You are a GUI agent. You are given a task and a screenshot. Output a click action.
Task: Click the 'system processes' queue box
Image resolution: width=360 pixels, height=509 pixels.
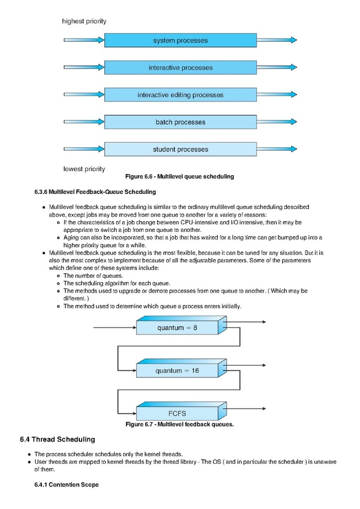180,40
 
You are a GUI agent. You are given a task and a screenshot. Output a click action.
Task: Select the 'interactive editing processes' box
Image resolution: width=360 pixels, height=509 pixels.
180,95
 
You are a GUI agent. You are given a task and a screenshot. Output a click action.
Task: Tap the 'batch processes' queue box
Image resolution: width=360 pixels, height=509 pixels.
180,122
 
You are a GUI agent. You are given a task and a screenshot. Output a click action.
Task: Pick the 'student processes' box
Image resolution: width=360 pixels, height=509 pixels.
180,149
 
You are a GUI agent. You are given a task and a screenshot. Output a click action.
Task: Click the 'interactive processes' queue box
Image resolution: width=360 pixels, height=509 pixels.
180,67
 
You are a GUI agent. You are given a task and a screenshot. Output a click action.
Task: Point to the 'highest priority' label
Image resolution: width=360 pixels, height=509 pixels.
84,22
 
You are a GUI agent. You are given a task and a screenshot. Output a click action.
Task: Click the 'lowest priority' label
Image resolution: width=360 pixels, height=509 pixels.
84,169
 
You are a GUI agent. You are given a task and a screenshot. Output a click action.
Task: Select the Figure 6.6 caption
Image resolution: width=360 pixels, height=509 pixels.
180,177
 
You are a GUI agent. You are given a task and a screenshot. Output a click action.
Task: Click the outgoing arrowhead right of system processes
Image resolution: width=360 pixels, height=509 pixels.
294,40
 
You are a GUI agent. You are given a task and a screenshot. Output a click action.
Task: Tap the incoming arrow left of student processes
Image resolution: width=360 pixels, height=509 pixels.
84,149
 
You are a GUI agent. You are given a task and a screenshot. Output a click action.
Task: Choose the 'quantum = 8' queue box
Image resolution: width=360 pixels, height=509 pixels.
181,325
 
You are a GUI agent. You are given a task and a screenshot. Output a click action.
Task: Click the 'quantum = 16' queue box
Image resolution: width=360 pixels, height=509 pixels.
181,368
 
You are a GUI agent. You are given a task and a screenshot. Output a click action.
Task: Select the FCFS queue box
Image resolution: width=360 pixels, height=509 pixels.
181,412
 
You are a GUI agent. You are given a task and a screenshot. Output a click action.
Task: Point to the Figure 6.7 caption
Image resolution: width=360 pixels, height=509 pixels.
180,425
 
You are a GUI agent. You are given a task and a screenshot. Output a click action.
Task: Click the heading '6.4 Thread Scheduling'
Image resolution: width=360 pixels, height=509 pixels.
57,439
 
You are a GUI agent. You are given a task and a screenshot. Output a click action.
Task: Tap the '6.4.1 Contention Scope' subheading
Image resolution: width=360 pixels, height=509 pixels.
66,485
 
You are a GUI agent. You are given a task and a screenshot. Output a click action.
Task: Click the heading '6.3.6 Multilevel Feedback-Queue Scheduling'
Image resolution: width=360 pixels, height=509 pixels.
95,192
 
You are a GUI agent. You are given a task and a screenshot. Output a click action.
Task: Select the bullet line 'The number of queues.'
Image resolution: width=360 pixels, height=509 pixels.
93,276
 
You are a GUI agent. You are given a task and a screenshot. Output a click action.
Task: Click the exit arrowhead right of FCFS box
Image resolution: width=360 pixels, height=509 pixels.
264,409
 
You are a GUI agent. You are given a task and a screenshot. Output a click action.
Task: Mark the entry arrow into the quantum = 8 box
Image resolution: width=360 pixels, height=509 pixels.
115,328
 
